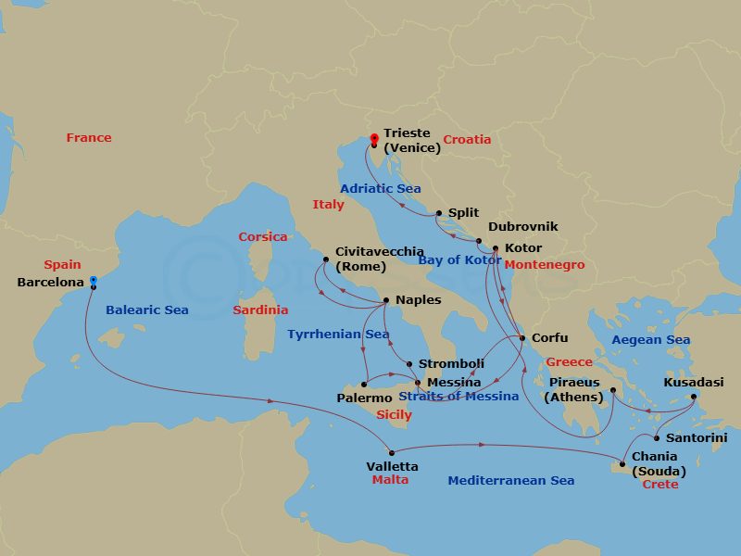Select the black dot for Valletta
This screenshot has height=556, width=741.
pos(392,453)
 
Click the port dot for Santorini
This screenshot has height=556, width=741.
pos(657,438)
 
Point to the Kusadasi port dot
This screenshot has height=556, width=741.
pos(694,398)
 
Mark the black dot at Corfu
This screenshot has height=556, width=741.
pos(522,338)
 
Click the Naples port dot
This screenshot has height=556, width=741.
pos(386,300)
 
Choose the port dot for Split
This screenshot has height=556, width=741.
pos(439,213)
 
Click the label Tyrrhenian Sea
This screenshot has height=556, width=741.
pos(338,334)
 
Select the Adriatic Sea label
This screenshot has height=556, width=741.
pos(380,188)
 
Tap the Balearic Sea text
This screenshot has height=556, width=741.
pos(146,310)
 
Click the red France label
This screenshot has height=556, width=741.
pos(89,138)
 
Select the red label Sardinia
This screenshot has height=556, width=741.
pos(260,310)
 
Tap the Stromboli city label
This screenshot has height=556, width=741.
pos(451,364)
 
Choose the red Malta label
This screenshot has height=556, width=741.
pos(390,480)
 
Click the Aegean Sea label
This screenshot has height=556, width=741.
pos(651,340)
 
